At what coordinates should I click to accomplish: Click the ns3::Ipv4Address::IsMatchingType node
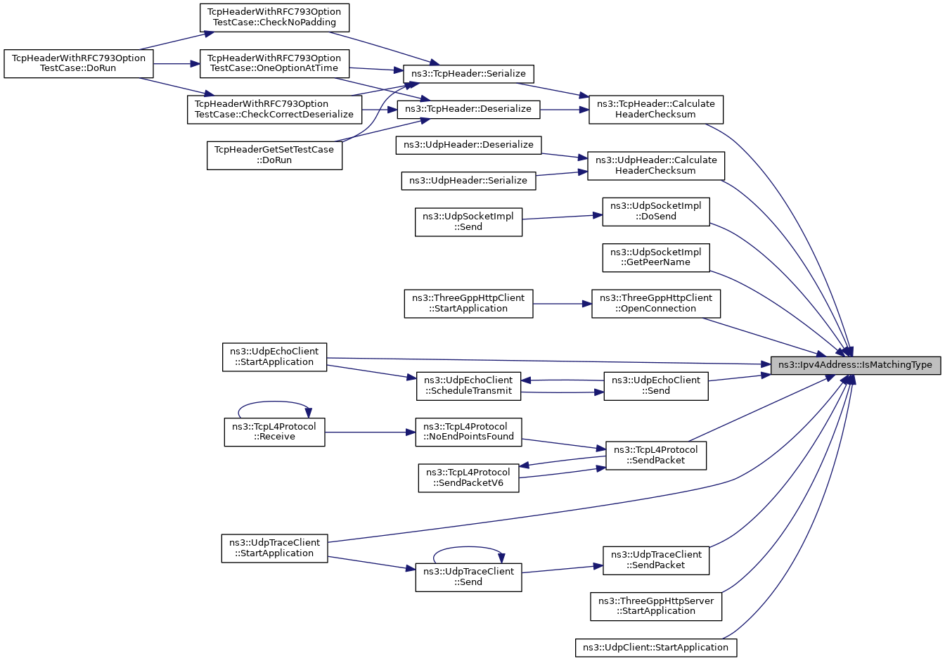click(x=856, y=365)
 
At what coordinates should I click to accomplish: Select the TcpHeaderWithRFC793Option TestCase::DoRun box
click(x=79, y=64)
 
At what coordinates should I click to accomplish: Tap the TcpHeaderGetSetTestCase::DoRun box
click(x=274, y=155)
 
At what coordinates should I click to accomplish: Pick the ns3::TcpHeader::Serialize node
click(x=468, y=74)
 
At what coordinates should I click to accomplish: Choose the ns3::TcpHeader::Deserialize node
click(x=468, y=110)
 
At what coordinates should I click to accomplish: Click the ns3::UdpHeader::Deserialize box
click(x=468, y=145)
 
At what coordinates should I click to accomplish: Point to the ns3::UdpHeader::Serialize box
click(x=468, y=181)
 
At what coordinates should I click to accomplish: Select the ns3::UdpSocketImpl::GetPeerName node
click(x=656, y=258)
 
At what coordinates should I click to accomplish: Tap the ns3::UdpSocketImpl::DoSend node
click(x=656, y=212)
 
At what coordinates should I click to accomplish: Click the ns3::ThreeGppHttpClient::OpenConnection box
click(x=656, y=304)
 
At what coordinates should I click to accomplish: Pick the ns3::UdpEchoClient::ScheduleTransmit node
click(x=468, y=386)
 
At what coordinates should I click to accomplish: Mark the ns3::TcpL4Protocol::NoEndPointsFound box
click(x=468, y=432)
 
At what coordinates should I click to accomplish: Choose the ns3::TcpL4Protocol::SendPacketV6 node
click(x=468, y=478)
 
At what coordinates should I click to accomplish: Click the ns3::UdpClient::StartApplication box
click(x=656, y=648)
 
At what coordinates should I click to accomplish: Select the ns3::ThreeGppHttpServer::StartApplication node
click(x=656, y=607)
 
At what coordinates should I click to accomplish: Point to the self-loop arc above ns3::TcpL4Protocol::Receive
click(x=274, y=402)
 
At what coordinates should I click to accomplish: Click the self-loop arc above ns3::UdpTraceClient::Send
click(x=468, y=548)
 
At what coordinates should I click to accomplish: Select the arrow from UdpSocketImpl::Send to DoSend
click(x=562, y=217)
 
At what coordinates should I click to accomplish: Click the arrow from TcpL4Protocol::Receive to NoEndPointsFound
click(x=371, y=432)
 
